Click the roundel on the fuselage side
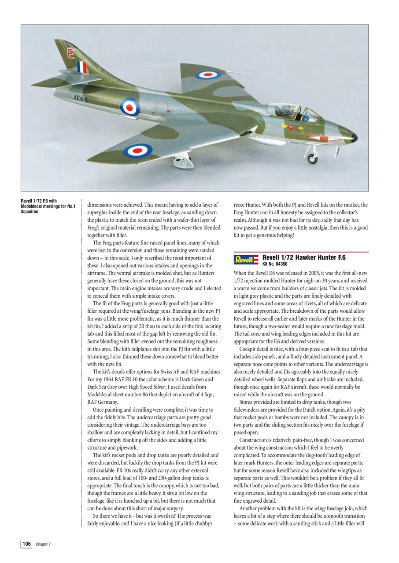click(x=130, y=106)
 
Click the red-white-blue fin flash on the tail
click(x=82, y=67)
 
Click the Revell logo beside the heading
click(x=246, y=260)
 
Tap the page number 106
click(x=26, y=544)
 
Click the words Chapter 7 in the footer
click(x=43, y=545)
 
